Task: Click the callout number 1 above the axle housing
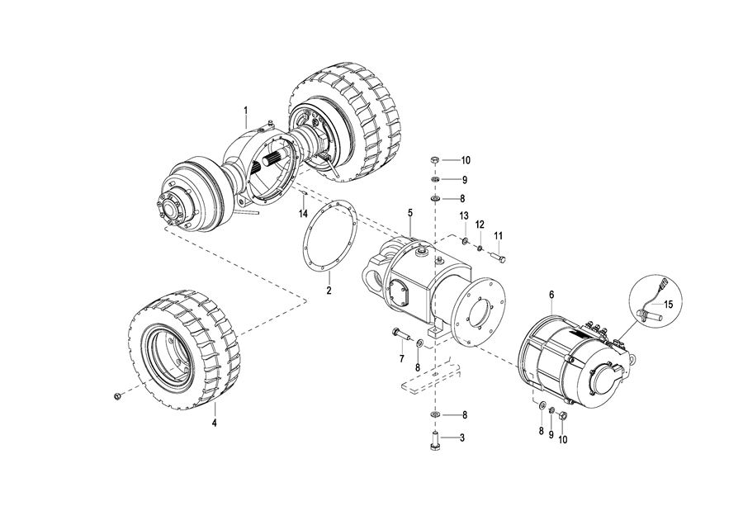coord(246,111)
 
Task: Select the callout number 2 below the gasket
coord(329,290)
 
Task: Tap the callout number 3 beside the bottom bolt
coord(461,437)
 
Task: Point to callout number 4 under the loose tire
coord(214,423)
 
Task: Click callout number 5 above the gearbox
coord(410,213)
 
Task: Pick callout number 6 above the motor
coord(551,294)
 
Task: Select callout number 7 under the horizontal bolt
coord(402,359)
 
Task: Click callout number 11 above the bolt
coord(498,235)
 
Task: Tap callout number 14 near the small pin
coord(303,214)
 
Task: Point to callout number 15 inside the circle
coord(668,305)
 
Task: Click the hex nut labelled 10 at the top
coord(434,161)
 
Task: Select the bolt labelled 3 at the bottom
coord(435,442)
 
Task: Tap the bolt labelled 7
coord(401,333)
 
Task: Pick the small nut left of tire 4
coord(116,395)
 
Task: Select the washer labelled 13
coord(464,243)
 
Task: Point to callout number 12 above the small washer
coord(480,224)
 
